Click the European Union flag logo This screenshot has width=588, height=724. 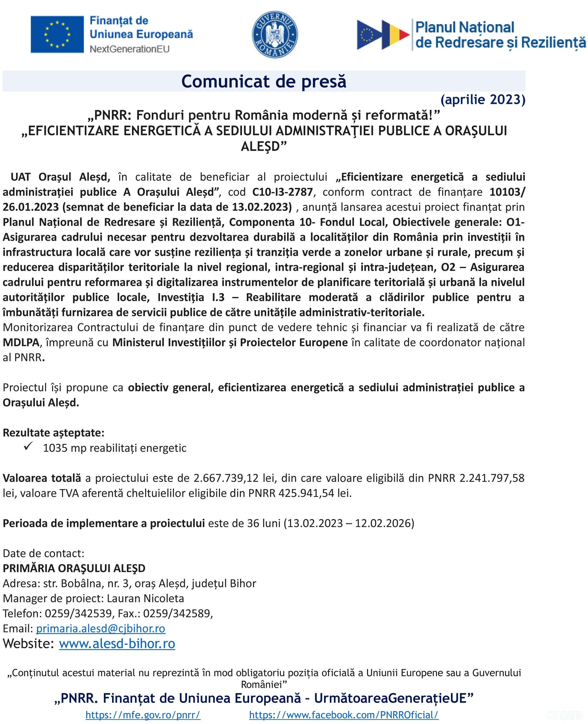pos(57,34)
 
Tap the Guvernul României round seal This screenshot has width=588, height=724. pos(275,34)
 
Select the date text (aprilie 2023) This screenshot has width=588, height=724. pos(483,100)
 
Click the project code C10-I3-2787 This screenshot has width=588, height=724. pos(282,192)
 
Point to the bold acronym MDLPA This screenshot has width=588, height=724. pos(21,342)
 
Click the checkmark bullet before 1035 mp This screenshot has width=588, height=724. pos(28,446)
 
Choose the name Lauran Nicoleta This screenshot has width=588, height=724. pos(145,599)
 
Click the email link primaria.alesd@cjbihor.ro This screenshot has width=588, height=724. pos(101,628)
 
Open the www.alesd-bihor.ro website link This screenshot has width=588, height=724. pos(117,644)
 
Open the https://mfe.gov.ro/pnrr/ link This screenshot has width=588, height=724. pos(143,715)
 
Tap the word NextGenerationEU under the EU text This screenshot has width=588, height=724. pos(129,49)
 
